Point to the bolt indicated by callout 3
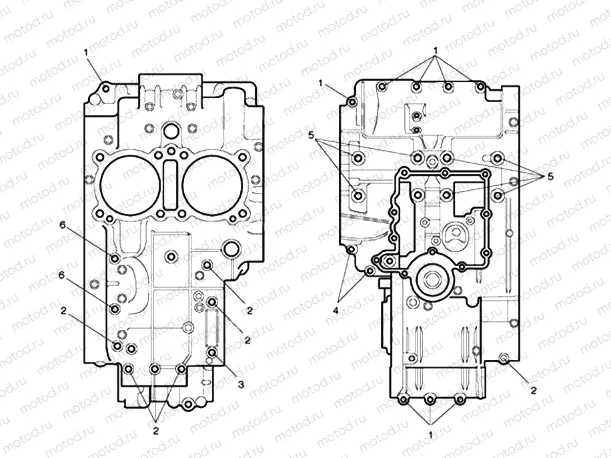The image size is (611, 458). coord(212,353)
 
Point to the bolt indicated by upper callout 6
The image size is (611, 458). coord(115,258)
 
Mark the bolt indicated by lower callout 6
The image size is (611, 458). coord(115,309)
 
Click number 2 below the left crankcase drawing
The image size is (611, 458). coord(155,431)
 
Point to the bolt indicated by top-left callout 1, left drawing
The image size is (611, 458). coord(104,86)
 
